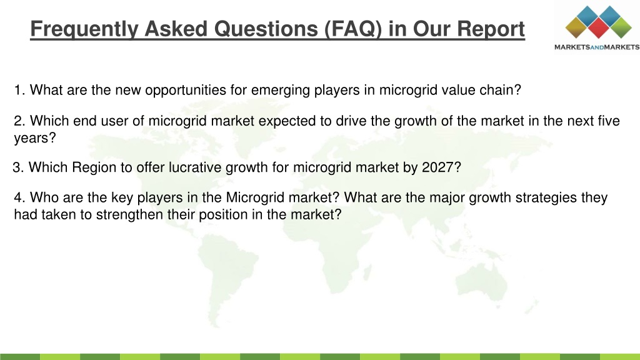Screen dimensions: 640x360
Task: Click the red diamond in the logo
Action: (x=599, y=28)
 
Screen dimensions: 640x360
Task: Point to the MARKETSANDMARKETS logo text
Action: (x=597, y=47)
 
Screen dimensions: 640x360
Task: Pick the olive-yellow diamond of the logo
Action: (x=576, y=27)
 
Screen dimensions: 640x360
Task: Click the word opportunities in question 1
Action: (x=185, y=90)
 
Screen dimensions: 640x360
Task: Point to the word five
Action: (x=609, y=121)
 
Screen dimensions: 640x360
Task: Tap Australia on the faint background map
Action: (x=482, y=281)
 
